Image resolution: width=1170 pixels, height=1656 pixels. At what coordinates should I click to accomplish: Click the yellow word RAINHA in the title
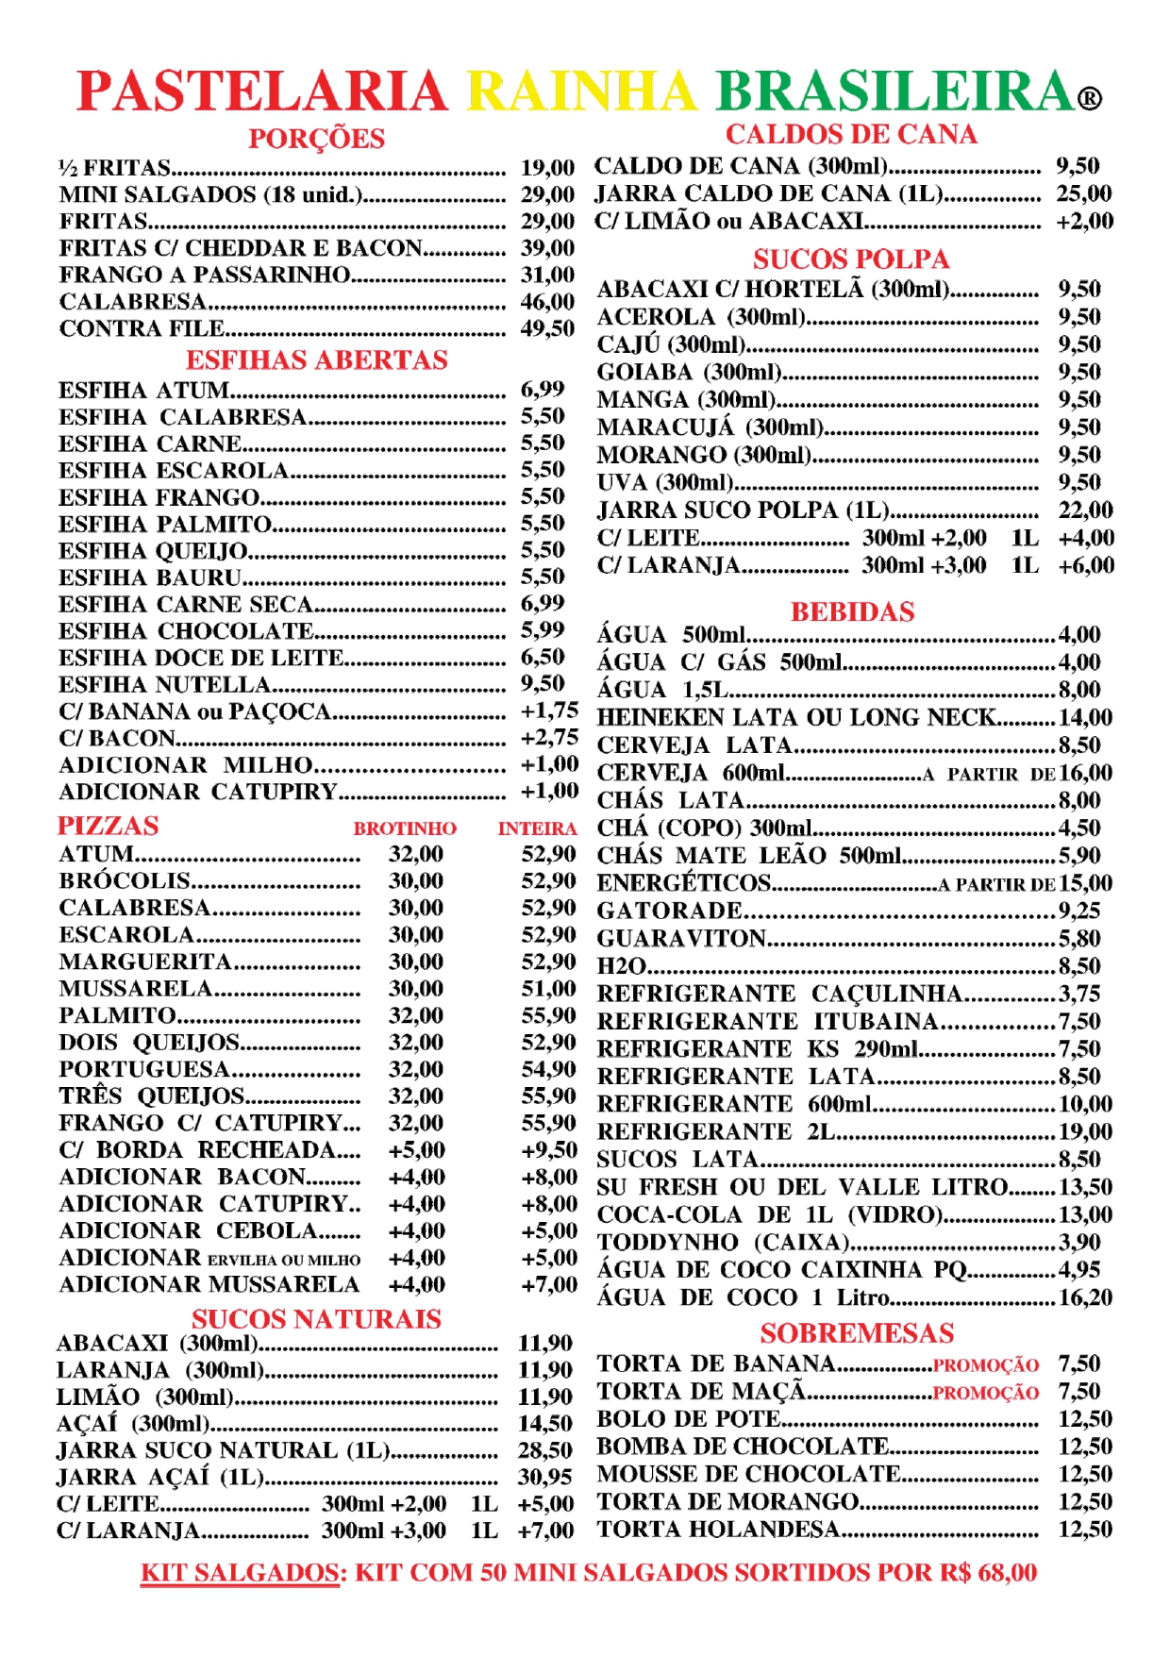coord(581,92)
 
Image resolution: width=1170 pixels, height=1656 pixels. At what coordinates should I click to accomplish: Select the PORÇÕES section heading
coord(316,139)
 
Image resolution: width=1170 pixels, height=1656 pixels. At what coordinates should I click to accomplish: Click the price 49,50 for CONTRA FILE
coord(547,328)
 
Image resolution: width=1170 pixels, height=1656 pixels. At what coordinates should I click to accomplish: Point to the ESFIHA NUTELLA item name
coord(165,684)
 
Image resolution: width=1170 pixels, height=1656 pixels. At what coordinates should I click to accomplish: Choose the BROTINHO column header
coord(405,828)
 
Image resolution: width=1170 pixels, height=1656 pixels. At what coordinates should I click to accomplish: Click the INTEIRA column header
coord(537,828)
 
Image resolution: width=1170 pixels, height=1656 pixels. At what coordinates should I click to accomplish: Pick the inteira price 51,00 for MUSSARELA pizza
coord(548,988)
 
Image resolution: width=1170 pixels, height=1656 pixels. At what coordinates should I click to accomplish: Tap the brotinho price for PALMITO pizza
coord(416,1015)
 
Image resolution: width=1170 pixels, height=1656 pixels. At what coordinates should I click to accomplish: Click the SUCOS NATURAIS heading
coord(316,1318)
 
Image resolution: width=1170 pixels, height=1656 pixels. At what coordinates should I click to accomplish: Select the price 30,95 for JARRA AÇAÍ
coord(544,1477)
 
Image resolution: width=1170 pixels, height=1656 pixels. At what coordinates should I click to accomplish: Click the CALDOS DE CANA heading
coord(851,134)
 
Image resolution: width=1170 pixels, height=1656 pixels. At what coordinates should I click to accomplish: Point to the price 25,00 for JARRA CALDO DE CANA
coord(1084,193)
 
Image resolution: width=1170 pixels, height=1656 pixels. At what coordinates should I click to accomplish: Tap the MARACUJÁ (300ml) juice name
coord(710,427)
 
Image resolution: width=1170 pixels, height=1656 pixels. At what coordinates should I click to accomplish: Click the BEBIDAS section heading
coord(852,611)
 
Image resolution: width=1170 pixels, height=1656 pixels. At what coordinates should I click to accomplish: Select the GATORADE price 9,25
coord(1079,911)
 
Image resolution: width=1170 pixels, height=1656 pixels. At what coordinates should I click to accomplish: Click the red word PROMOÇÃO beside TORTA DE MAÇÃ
coord(985,1393)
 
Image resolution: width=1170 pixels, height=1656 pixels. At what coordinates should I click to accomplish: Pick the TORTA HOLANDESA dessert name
coord(718,1529)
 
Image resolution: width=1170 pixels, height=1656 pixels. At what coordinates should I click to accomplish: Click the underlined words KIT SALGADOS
coord(240,1573)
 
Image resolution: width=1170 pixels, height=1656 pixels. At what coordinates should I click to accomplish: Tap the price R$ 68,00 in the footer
coord(988,1573)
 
